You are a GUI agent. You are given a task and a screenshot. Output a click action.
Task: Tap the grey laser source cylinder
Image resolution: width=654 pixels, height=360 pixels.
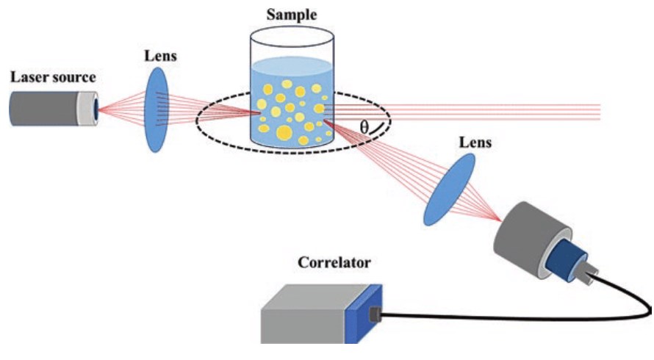click(x=44, y=108)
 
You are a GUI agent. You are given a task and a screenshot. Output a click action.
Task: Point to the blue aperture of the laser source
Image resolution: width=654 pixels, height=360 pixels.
click(x=96, y=108)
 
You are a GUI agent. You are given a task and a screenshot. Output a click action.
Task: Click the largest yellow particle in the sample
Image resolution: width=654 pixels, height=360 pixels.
click(x=284, y=133)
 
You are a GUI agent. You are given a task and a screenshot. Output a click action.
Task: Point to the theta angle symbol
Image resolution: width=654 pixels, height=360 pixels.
click(x=364, y=126)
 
